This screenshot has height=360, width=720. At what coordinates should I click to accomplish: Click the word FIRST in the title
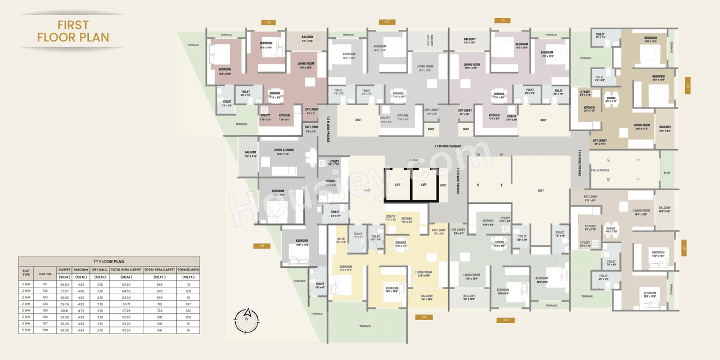[x=73, y=25]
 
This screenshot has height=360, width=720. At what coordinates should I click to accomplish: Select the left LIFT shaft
[x=397, y=184]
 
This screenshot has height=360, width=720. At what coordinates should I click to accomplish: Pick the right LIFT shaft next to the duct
[x=424, y=184]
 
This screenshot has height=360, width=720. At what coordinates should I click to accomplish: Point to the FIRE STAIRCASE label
[x=600, y=170]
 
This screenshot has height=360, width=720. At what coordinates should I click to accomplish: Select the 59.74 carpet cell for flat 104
[x=64, y=303]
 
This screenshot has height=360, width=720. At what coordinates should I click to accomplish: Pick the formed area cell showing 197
[x=188, y=303]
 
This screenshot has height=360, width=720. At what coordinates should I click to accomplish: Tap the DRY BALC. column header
[x=100, y=271]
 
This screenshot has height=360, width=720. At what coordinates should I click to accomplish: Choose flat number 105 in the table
[x=45, y=310]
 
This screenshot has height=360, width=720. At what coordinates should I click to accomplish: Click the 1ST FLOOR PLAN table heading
[x=109, y=262]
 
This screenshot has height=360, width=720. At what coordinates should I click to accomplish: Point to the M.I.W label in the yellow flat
[x=341, y=238]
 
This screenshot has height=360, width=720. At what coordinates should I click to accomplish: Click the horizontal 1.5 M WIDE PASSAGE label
[x=447, y=146]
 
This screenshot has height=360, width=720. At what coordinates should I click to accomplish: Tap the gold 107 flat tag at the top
[x=386, y=22]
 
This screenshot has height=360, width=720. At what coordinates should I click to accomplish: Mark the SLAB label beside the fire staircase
[x=666, y=173]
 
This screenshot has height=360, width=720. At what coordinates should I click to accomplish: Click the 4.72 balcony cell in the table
[x=81, y=310]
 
